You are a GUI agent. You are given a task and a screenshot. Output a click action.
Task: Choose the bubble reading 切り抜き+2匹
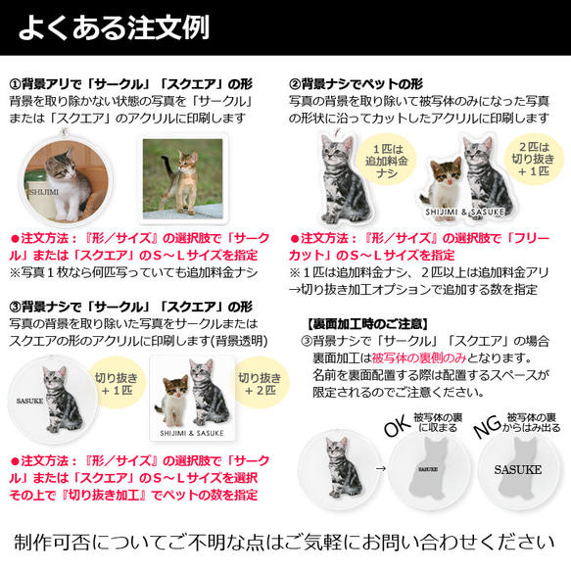pos(259,380)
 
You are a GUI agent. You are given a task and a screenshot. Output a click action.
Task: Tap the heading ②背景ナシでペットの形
pos(367,83)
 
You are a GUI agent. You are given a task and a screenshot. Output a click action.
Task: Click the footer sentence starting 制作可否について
pos(285,541)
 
